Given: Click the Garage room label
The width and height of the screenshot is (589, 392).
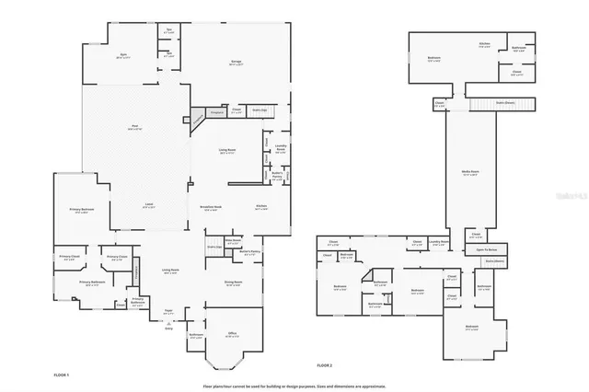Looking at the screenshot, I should tap(236, 63).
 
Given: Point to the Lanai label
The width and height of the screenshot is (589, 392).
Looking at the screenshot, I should tap(148, 205).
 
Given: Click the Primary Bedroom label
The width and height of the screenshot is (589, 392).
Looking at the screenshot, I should tap(81, 211).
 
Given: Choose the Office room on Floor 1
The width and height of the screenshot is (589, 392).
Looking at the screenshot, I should tap(219, 333).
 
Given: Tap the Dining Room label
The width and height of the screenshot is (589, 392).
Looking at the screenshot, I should tap(233, 283).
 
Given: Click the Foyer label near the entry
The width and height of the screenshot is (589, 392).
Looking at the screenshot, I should tap(167, 311).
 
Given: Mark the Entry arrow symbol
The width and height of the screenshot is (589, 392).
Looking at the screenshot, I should tap(167, 323).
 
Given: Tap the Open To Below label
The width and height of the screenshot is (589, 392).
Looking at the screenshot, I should tap(487, 249).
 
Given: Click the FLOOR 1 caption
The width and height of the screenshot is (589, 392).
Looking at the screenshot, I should tap(62, 376).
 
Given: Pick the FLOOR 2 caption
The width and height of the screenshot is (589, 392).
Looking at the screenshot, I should tap(324, 366).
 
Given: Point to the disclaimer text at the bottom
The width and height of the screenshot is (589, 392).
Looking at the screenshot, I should tap(294, 386).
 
